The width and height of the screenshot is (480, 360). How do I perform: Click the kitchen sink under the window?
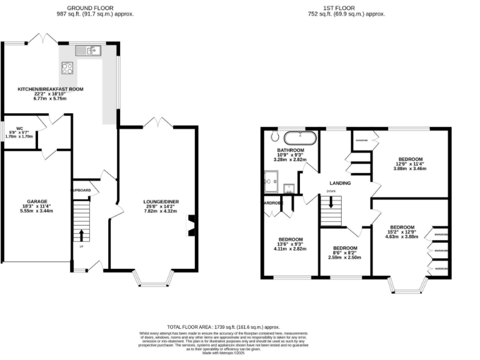click(88, 51)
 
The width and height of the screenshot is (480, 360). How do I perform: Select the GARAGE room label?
click(36, 202)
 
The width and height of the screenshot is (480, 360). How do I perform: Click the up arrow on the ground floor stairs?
click(81, 235)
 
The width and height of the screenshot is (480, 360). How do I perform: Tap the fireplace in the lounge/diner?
click(192, 226)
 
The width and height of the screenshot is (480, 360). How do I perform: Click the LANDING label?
click(341, 183)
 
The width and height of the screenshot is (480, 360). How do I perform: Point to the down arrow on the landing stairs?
click(331, 203)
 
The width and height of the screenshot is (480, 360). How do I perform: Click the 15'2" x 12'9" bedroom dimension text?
click(402, 237)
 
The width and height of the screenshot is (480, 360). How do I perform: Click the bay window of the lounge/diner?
click(154, 279)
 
